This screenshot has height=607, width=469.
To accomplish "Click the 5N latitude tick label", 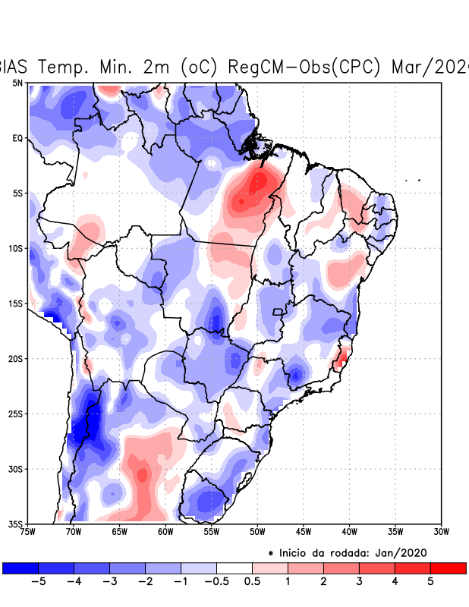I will coord(17,83).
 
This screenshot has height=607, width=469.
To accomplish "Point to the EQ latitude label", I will coord(17,138).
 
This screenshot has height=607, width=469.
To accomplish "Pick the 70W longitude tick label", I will coord(74,531).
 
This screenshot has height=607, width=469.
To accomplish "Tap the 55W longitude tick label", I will coord(212,531).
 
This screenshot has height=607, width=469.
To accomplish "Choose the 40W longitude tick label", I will coord(350,531).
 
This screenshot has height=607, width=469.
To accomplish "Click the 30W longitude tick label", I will coord(442,531).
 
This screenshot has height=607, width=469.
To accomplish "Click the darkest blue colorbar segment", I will coord(20,568).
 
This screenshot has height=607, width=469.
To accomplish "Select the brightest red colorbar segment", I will coord(448,568).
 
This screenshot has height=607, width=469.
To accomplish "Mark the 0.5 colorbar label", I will coord(253,582).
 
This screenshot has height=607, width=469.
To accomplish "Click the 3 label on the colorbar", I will coord(359,582).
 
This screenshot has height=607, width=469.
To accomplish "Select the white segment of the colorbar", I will coord(234,568).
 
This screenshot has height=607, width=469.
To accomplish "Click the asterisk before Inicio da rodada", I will coord(271,553).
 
